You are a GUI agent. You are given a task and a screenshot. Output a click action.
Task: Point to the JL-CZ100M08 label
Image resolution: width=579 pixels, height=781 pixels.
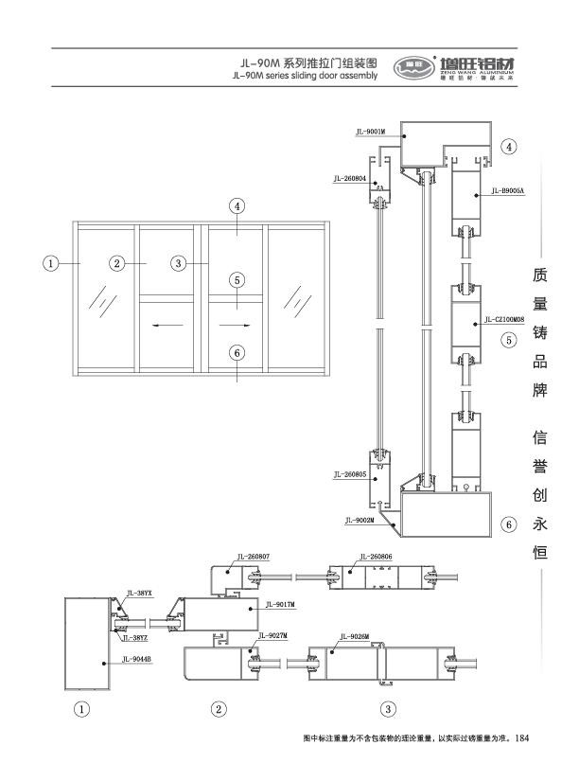(x=502, y=320)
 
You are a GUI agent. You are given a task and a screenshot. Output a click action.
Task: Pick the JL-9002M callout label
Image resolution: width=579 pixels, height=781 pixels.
(x=360, y=520)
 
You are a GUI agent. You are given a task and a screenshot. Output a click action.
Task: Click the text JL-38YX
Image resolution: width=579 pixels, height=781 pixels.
(x=139, y=593)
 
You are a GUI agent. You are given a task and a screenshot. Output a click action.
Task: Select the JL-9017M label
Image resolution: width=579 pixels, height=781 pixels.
(x=280, y=604)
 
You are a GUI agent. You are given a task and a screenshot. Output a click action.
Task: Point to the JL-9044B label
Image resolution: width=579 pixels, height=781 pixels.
(x=137, y=657)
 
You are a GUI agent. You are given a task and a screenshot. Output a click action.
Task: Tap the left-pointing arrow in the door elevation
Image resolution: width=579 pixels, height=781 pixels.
(x=167, y=325)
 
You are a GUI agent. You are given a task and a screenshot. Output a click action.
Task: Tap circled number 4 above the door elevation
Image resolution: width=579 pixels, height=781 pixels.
(x=237, y=205)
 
